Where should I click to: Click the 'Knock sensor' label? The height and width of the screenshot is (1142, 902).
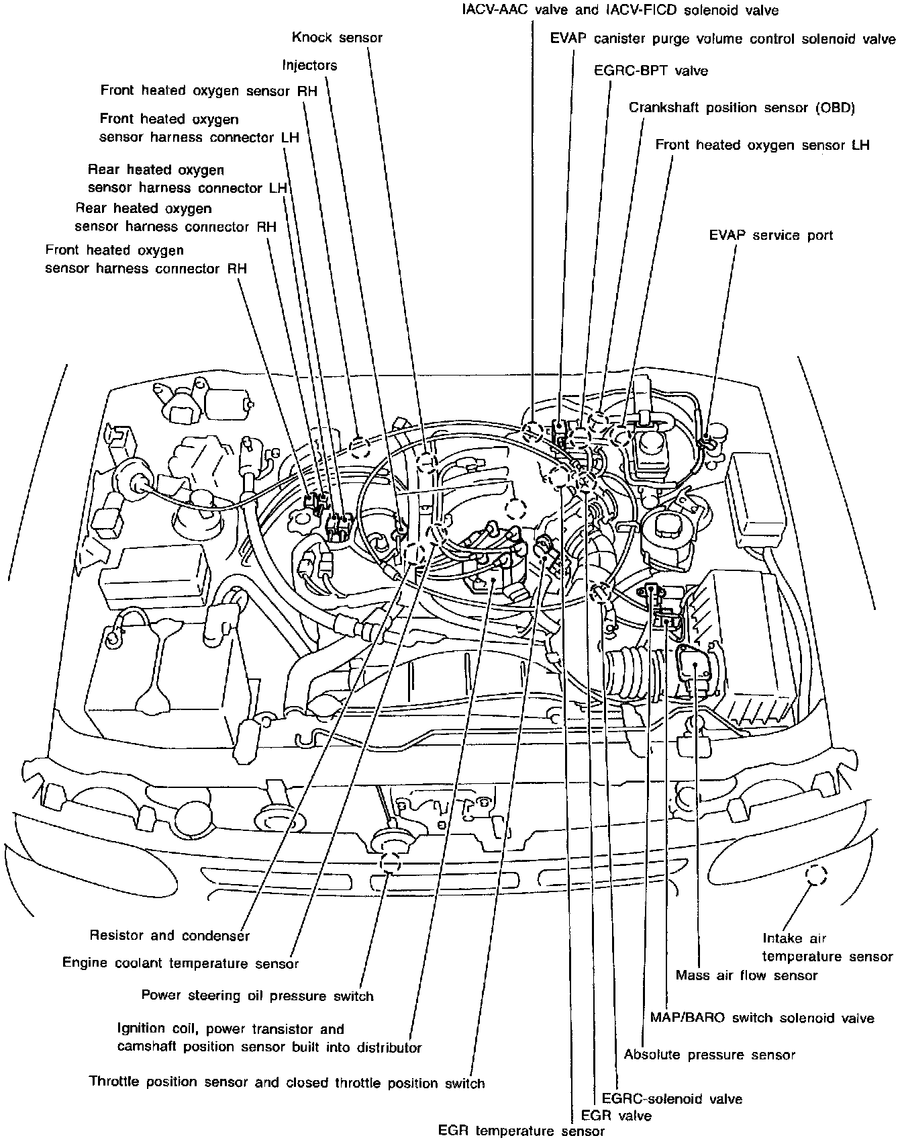(x=337, y=37)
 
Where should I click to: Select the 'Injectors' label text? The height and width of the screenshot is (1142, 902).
(x=309, y=65)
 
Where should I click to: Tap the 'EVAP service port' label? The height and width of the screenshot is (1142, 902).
(x=770, y=235)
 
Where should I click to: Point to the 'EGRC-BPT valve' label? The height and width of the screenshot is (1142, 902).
(x=651, y=71)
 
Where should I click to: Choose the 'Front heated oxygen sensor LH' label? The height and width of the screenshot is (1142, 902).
(x=762, y=145)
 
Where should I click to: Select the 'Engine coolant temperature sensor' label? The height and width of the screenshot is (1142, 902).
(x=180, y=963)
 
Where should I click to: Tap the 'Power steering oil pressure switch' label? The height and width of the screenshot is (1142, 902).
(x=257, y=995)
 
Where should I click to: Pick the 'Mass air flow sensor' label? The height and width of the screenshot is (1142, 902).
(x=746, y=975)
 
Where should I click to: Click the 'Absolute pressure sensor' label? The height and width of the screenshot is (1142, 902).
(x=709, y=1054)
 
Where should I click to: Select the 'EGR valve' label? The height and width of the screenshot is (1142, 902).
(x=616, y=1116)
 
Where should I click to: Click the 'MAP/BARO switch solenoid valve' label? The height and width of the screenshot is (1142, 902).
(x=762, y=1018)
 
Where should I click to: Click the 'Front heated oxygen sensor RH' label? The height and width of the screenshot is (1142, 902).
(x=208, y=90)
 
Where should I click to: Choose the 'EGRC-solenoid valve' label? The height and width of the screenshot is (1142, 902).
(x=672, y=1099)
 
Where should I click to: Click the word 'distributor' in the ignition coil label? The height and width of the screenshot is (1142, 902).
(x=389, y=1047)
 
